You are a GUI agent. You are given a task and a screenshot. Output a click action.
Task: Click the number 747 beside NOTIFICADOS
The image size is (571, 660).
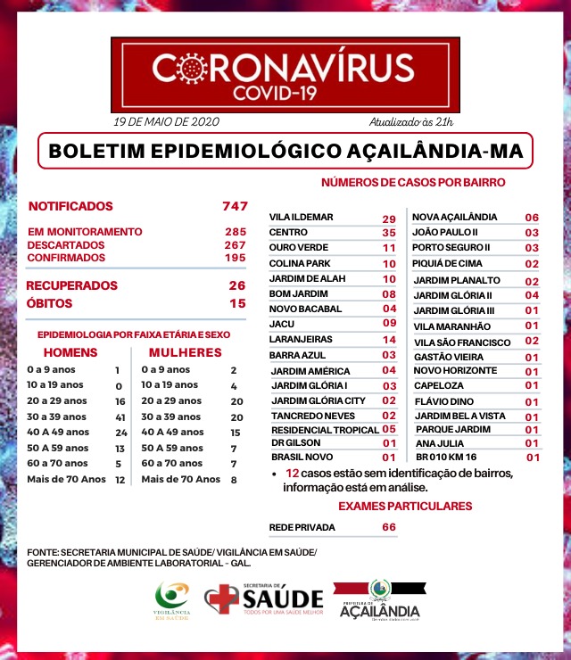click(x=235, y=206)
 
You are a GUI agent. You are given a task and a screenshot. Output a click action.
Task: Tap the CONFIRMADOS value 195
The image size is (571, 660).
click(x=235, y=258)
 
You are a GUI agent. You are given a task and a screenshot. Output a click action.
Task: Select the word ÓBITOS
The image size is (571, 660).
click(x=50, y=303)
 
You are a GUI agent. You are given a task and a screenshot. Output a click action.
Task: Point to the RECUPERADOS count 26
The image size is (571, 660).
click(x=236, y=285)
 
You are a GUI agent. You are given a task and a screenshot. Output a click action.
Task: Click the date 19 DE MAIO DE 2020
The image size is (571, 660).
click(x=166, y=121)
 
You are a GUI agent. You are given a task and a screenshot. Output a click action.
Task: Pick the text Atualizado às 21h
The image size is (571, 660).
click(x=411, y=121)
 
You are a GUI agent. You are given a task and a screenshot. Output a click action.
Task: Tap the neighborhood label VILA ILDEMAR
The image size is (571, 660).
click(x=302, y=219)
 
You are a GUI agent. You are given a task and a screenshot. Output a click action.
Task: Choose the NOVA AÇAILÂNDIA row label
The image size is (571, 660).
click(x=455, y=218)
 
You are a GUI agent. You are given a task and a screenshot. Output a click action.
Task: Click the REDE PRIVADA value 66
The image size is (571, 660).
click(x=389, y=527)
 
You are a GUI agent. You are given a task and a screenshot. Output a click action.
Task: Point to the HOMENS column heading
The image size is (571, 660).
click(x=70, y=352)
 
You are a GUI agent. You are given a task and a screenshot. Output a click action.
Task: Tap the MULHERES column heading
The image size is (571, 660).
click(x=185, y=352)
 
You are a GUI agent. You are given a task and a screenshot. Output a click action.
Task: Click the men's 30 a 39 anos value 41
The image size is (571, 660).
click(x=120, y=417)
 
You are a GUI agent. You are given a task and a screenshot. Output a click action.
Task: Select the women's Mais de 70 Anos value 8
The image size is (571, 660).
click(x=234, y=480)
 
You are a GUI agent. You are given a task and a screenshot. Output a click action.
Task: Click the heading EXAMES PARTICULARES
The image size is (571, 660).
click(x=404, y=506)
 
